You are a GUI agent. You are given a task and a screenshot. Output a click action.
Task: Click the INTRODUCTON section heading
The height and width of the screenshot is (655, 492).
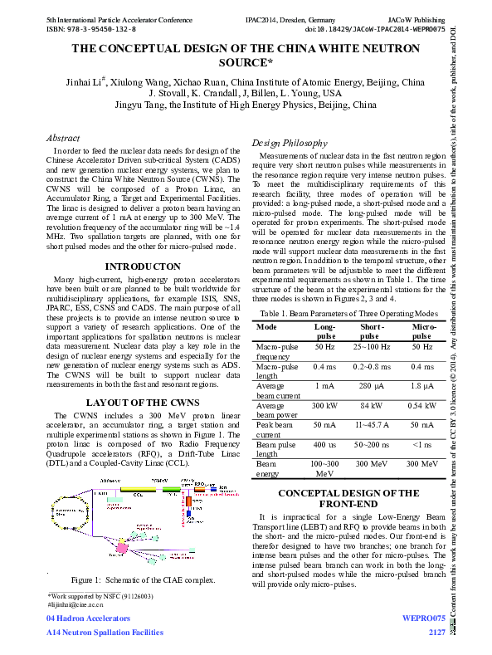coord(143,266)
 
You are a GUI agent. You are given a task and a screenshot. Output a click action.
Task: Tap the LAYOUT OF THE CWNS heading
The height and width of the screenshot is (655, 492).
coord(143,403)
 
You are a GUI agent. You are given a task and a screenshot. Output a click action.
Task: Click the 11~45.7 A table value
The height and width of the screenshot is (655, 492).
coord(371,424)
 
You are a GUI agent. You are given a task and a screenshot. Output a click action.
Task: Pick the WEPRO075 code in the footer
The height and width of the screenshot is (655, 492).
coord(423,618)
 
